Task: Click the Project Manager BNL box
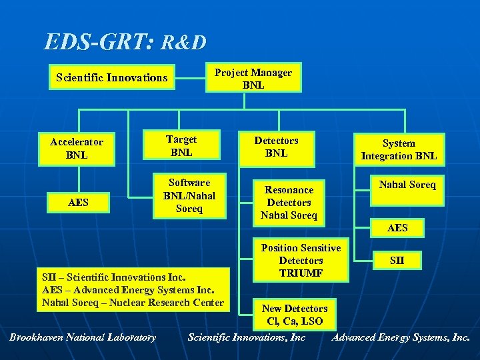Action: click(253, 78)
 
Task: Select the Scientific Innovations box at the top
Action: click(111, 77)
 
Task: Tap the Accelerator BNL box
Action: click(77, 149)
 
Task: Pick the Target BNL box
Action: click(181, 145)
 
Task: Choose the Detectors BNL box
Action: click(276, 147)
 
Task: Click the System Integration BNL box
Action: click(399, 149)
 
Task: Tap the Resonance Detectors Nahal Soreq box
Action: click(289, 203)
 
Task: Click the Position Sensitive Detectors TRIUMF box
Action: click(301, 261)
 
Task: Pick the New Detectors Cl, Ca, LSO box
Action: click(295, 315)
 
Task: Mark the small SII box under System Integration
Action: click(397, 259)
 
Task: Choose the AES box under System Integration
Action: click(397, 228)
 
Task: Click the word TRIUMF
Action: click(301, 273)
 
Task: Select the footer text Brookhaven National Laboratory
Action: click(83, 337)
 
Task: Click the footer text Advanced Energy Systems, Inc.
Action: click(401, 337)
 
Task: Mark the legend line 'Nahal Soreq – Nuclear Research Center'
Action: click(132, 303)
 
